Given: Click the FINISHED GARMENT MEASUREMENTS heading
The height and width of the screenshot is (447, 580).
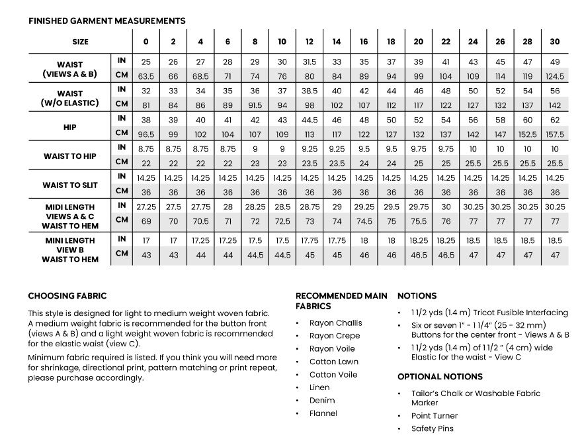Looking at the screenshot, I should tap(106, 21).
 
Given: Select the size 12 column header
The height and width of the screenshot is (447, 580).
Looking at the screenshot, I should tap(309, 42).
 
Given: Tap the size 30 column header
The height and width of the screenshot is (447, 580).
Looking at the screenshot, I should tap(554, 42).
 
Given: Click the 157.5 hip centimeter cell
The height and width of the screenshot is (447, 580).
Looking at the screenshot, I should tap(554, 134).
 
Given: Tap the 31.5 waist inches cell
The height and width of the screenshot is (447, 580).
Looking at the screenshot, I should tap(309, 62).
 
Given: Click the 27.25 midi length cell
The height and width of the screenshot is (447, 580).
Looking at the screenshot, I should tap(145, 207).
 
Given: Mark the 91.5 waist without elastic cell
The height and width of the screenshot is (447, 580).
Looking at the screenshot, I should tap(255, 104).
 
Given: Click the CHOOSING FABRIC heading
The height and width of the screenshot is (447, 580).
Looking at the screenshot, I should tap(67, 296).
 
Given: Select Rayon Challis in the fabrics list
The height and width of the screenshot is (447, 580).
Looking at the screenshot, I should tap(335, 323).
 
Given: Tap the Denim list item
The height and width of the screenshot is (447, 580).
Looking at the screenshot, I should tap(322, 401).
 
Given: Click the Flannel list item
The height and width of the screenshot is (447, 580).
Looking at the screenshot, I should tap(323, 413).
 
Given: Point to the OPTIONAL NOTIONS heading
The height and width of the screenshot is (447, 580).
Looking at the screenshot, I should tap(440, 377).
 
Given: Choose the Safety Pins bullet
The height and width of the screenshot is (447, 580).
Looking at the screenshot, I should tap(433, 428).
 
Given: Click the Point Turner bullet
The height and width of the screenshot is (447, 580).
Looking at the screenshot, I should tap(434, 416).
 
